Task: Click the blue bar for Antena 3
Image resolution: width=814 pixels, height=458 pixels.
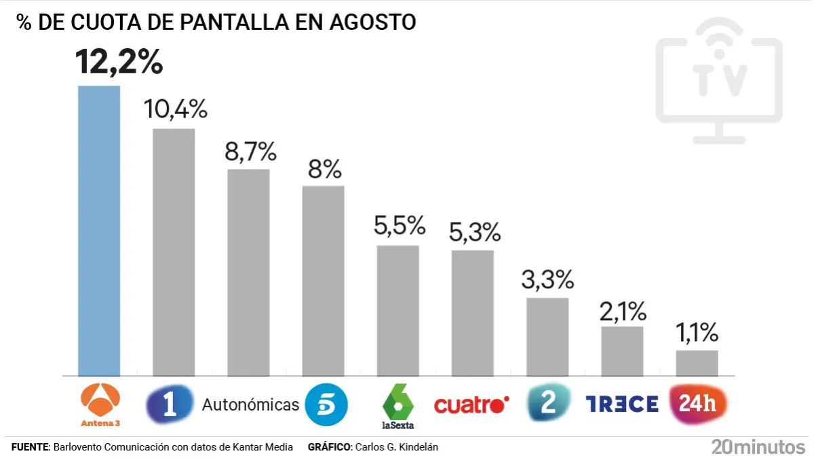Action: (x=99, y=231)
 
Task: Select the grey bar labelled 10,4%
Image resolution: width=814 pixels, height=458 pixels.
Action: (x=174, y=252)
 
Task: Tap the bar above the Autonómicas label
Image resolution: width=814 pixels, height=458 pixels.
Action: (x=248, y=272)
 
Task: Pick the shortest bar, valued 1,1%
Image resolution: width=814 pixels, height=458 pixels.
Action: (x=697, y=363)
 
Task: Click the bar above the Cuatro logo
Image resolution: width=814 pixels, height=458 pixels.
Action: (x=473, y=313)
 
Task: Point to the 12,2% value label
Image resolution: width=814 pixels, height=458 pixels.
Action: (x=119, y=62)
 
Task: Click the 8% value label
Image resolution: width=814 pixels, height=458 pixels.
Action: (x=324, y=170)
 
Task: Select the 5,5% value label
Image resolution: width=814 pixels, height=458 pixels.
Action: (x=400, y=226)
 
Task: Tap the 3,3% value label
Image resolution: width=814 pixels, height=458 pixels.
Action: (x=547, y=280)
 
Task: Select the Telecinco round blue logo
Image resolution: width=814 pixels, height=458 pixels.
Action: (x=326, y=404)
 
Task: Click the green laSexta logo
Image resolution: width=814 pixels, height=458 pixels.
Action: (x=398, y=405)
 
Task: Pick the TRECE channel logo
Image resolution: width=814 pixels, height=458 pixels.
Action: (x=622, y=404)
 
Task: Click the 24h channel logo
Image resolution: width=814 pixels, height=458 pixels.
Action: (x=698, y=404)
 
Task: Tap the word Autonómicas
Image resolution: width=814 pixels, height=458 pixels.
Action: (x=250, y=405)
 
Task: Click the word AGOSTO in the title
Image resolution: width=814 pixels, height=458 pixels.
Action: (x=372, y=22)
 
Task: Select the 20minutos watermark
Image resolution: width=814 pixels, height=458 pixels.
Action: (x=758, y=446)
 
